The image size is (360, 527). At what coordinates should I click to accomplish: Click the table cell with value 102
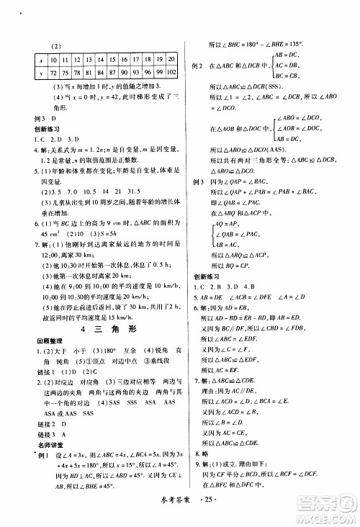point(172,73)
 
